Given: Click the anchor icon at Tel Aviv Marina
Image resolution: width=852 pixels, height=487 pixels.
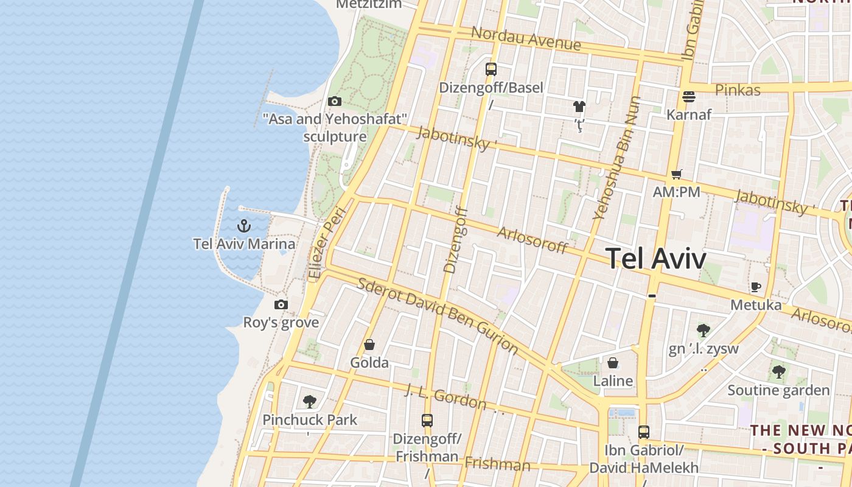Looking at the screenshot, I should click(244, 226).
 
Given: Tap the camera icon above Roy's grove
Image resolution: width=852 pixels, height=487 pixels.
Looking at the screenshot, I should click(281, 304).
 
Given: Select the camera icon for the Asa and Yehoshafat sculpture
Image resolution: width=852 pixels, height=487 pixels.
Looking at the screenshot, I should click(334, 101).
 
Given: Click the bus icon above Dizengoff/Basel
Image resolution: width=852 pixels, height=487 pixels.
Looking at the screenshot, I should click(491, 69).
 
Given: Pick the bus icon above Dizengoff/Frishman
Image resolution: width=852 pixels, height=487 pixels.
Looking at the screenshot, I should click(427, 420).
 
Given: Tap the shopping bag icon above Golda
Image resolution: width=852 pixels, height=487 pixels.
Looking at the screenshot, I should click(369, 345).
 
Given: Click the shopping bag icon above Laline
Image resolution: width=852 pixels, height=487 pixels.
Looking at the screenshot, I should click(613, 363).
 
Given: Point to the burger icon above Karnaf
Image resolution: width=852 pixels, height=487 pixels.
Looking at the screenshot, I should click(689, 96).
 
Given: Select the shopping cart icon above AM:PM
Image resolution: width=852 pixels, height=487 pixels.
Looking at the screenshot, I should click(676, 175).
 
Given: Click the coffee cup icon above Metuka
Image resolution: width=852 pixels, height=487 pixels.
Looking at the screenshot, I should click(756, 287).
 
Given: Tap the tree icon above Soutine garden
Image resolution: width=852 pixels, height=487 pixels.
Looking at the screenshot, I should click(778, 371).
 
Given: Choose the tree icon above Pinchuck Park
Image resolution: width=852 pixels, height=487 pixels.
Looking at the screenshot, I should click(310, 401).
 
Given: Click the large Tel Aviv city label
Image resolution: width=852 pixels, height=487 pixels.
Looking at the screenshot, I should click(656, 259).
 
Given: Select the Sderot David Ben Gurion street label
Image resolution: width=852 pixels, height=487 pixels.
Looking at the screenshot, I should click(437, 316).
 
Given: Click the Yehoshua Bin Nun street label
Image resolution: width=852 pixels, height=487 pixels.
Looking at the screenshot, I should click(616, 158).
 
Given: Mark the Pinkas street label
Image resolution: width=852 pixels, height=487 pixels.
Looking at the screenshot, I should click(738, 90).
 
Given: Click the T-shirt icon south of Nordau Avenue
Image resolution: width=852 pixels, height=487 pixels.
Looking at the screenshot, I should click(579, 107).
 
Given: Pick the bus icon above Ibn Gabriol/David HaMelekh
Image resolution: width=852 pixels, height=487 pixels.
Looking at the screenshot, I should click(644, 432).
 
